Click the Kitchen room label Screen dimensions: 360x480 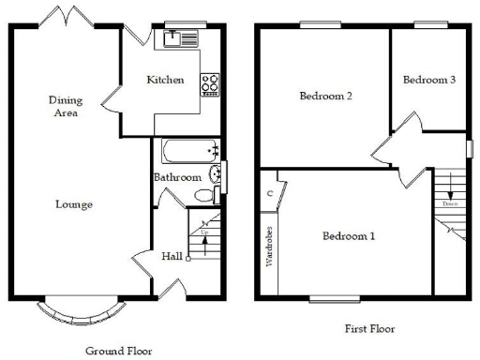(x=166, y=81)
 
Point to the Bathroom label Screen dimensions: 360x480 (x=177, y=177)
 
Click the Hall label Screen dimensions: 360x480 (x=172, y=256)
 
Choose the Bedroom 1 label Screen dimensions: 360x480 (x=349, y=236)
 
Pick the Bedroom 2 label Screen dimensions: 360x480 (x=325, y=96)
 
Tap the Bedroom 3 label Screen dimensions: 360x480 (x=429, y=81)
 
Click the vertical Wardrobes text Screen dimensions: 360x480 (x=269, y=247)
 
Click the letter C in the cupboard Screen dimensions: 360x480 (x=269, y=193)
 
